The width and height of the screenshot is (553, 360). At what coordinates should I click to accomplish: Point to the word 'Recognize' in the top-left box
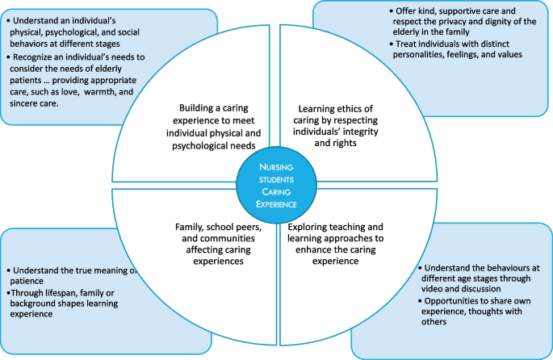click(36, 57)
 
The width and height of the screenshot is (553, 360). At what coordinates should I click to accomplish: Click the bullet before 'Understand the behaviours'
click(419, 266)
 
